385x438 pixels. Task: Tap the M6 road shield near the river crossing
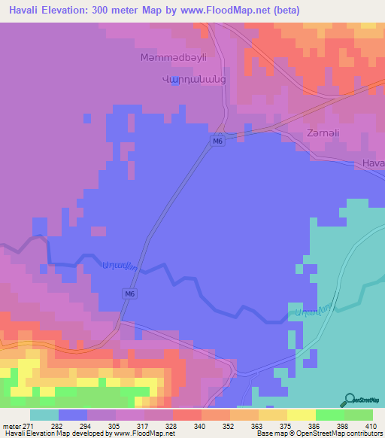130,294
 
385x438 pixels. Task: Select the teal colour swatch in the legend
44,415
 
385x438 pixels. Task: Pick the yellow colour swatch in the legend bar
301,415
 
